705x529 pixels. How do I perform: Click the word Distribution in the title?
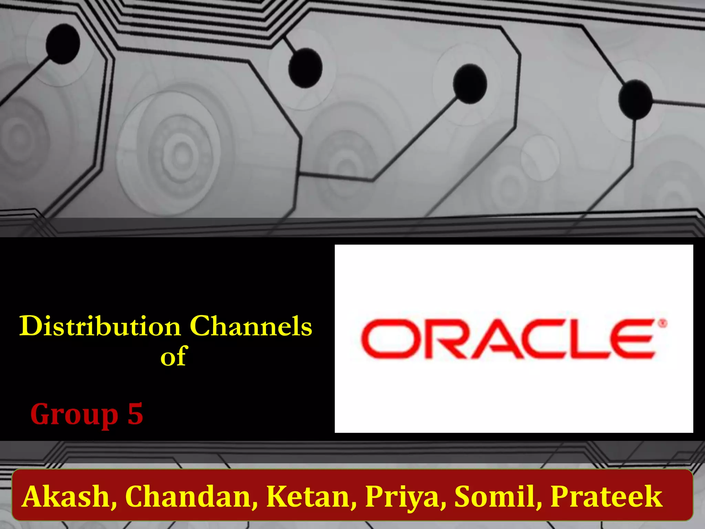pos(100,326)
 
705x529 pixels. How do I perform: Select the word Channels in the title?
pos(251,326)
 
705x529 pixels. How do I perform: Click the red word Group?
pos(74,414)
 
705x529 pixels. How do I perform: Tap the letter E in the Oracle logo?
pos(632,339)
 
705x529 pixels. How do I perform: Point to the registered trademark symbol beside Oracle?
pos(663,323)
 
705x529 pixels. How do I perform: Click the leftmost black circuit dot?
pos(63,44)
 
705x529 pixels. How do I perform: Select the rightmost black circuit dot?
pos(635,99)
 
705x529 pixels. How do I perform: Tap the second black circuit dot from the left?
pos(305,68)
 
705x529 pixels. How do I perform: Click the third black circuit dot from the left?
pos(470,83)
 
